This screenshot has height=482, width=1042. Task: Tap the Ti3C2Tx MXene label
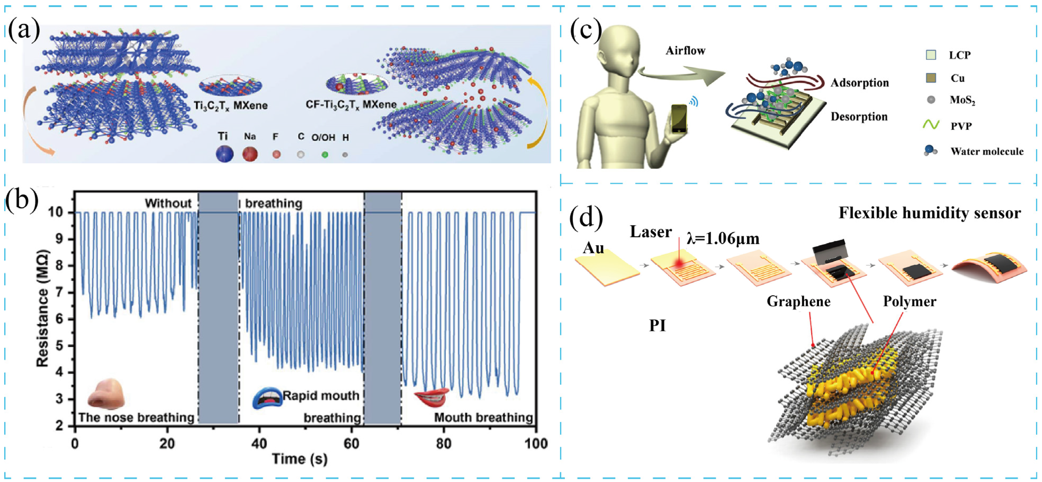(230, 106)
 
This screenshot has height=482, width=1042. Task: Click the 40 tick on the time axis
(259, 444)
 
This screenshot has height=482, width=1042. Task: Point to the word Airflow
(685, 51)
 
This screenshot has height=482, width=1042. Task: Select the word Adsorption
(860, 83)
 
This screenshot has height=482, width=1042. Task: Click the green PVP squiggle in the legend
(931, 125)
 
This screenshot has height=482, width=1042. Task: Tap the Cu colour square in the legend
(931, 78)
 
